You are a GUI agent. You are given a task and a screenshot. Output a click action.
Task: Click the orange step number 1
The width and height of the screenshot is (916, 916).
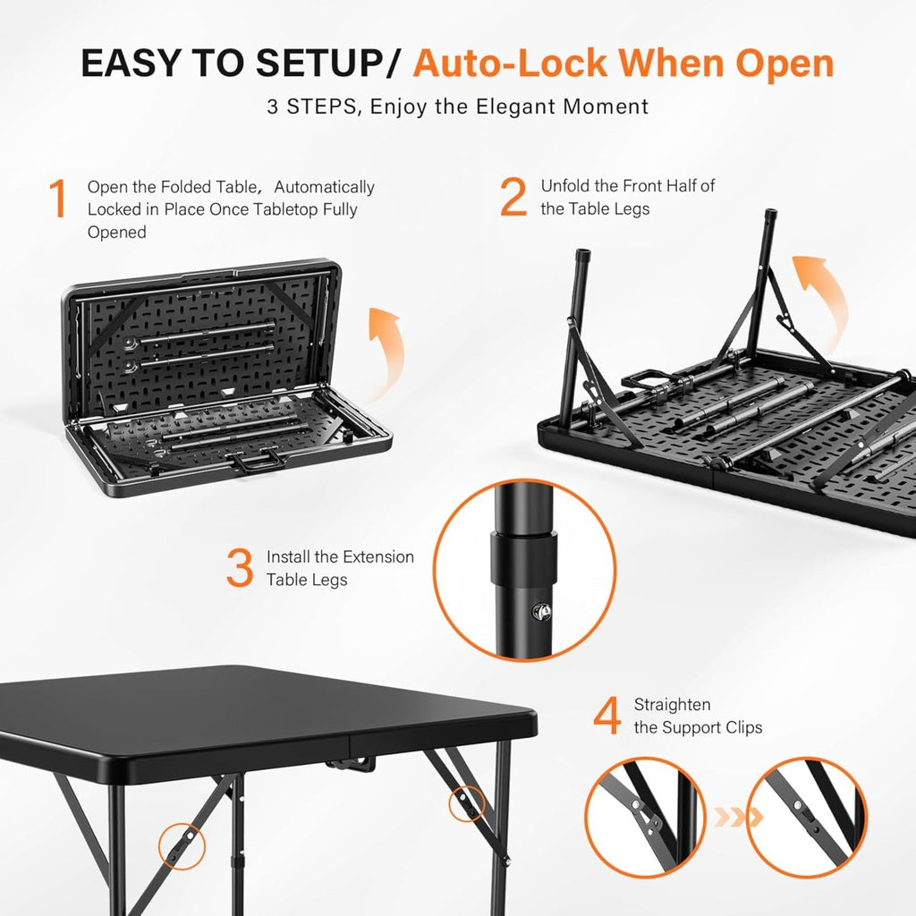pos(58,198)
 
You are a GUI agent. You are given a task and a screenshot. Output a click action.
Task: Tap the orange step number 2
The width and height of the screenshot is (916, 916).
pos(513,197)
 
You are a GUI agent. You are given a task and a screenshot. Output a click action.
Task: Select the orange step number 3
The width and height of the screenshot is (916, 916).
pos(240,567)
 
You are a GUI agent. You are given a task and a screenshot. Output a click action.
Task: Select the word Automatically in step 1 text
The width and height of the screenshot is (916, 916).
pos(324,188)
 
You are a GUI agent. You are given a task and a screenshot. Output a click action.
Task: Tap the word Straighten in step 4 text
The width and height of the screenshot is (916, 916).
pos(673,705)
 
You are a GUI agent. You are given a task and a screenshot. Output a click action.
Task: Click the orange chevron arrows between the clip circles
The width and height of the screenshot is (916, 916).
pos(738,817)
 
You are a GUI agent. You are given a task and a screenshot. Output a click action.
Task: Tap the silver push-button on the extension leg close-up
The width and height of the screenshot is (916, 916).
pos(541,612)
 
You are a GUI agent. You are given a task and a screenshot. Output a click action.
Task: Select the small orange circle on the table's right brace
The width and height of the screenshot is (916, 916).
pos(467,804)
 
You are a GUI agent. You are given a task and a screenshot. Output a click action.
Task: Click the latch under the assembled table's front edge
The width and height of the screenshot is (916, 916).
pos(351,763)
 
